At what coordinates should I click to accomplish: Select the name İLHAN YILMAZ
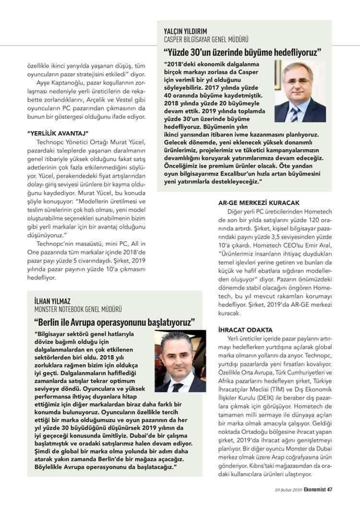tap(53, 301)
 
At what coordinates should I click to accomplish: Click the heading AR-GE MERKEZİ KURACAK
tap(259, 203)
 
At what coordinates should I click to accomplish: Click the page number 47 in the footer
tap(330, 490)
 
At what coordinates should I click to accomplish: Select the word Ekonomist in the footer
tap(311, 490)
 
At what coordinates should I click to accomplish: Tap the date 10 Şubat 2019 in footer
tap(282, 490)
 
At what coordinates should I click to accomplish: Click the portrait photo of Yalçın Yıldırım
tap(300, 91)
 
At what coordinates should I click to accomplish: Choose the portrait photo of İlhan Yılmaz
tap(180, 361)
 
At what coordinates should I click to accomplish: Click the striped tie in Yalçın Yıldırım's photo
tap(294, 112)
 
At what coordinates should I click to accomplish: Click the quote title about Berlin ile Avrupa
tap(115, 321)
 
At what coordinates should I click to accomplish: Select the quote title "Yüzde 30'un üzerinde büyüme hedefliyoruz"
tap(242, 52)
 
